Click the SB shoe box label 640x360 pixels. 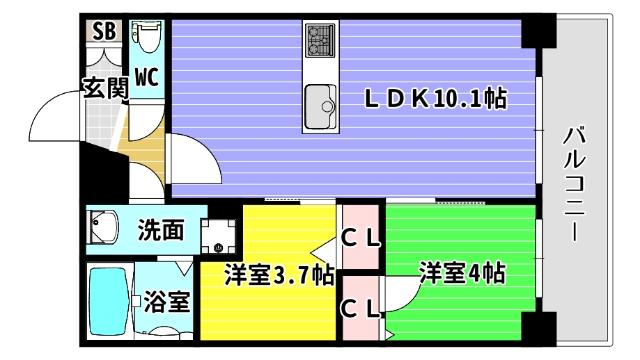(x=104, y=32)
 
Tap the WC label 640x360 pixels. (x=146, y=76)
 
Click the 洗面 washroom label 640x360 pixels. (x=160, y=230)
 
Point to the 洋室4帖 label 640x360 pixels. (x=461, y=273)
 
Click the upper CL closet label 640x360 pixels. (x=362, y=238)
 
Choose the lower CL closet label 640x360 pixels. (x=362, y=309)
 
